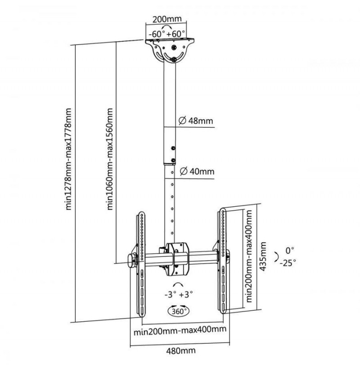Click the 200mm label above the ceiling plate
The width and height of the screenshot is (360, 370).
coord(167,19)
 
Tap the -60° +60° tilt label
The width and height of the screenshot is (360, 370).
coord(166,34)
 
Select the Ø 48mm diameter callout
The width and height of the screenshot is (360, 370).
coord(196,120)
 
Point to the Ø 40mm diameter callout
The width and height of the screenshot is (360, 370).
coord(197,171)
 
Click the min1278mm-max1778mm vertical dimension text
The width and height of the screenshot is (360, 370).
coord(68,159)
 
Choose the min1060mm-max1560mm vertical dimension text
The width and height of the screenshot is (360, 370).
coord(110,159)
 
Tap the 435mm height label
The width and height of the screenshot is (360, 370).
coord(263,256)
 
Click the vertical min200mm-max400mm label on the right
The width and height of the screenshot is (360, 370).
coord(249,256)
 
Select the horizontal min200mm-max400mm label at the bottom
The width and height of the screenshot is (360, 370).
coord(180,330)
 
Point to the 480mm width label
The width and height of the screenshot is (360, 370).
coord(181,351)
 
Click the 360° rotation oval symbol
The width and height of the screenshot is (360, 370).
coord(179,311)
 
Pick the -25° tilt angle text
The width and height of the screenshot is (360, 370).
coord(288,263)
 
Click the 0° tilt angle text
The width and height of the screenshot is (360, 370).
coord(290,250)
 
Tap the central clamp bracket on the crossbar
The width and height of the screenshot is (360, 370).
coord(177,259)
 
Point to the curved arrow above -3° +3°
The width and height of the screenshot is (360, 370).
coord(178,284)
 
